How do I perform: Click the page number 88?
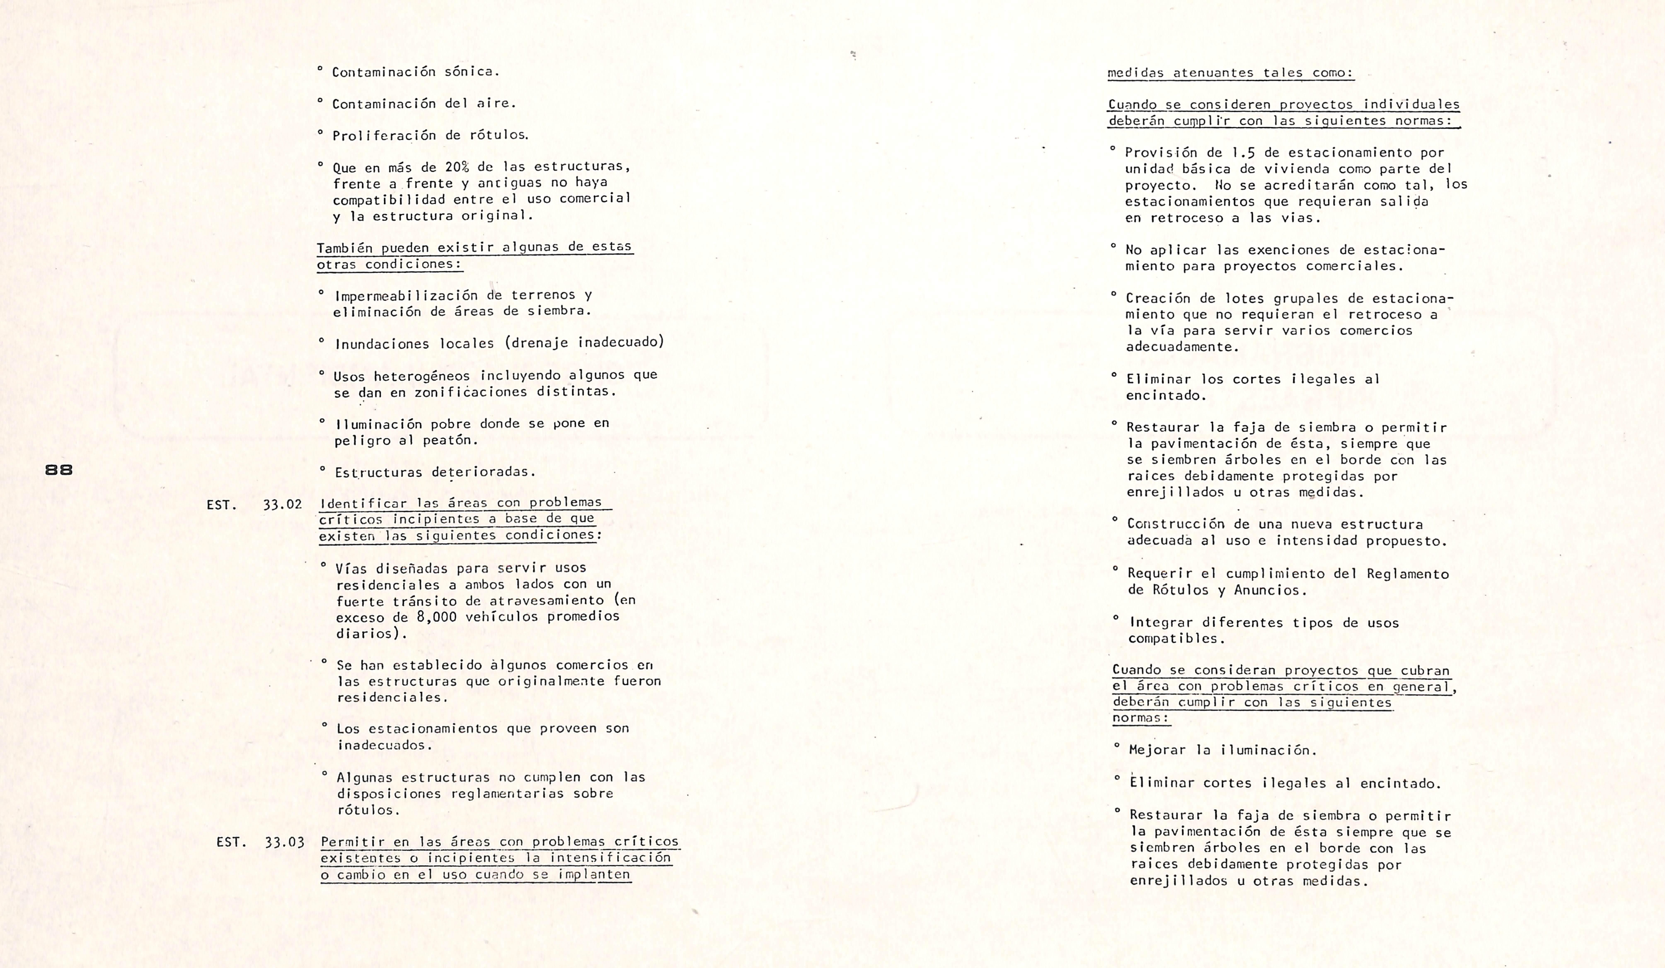[x=59, y=470]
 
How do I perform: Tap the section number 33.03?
[x=285, y=842]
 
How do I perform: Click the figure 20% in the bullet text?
[x=457, y=167]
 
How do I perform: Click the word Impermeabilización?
[x=406, y=295]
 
